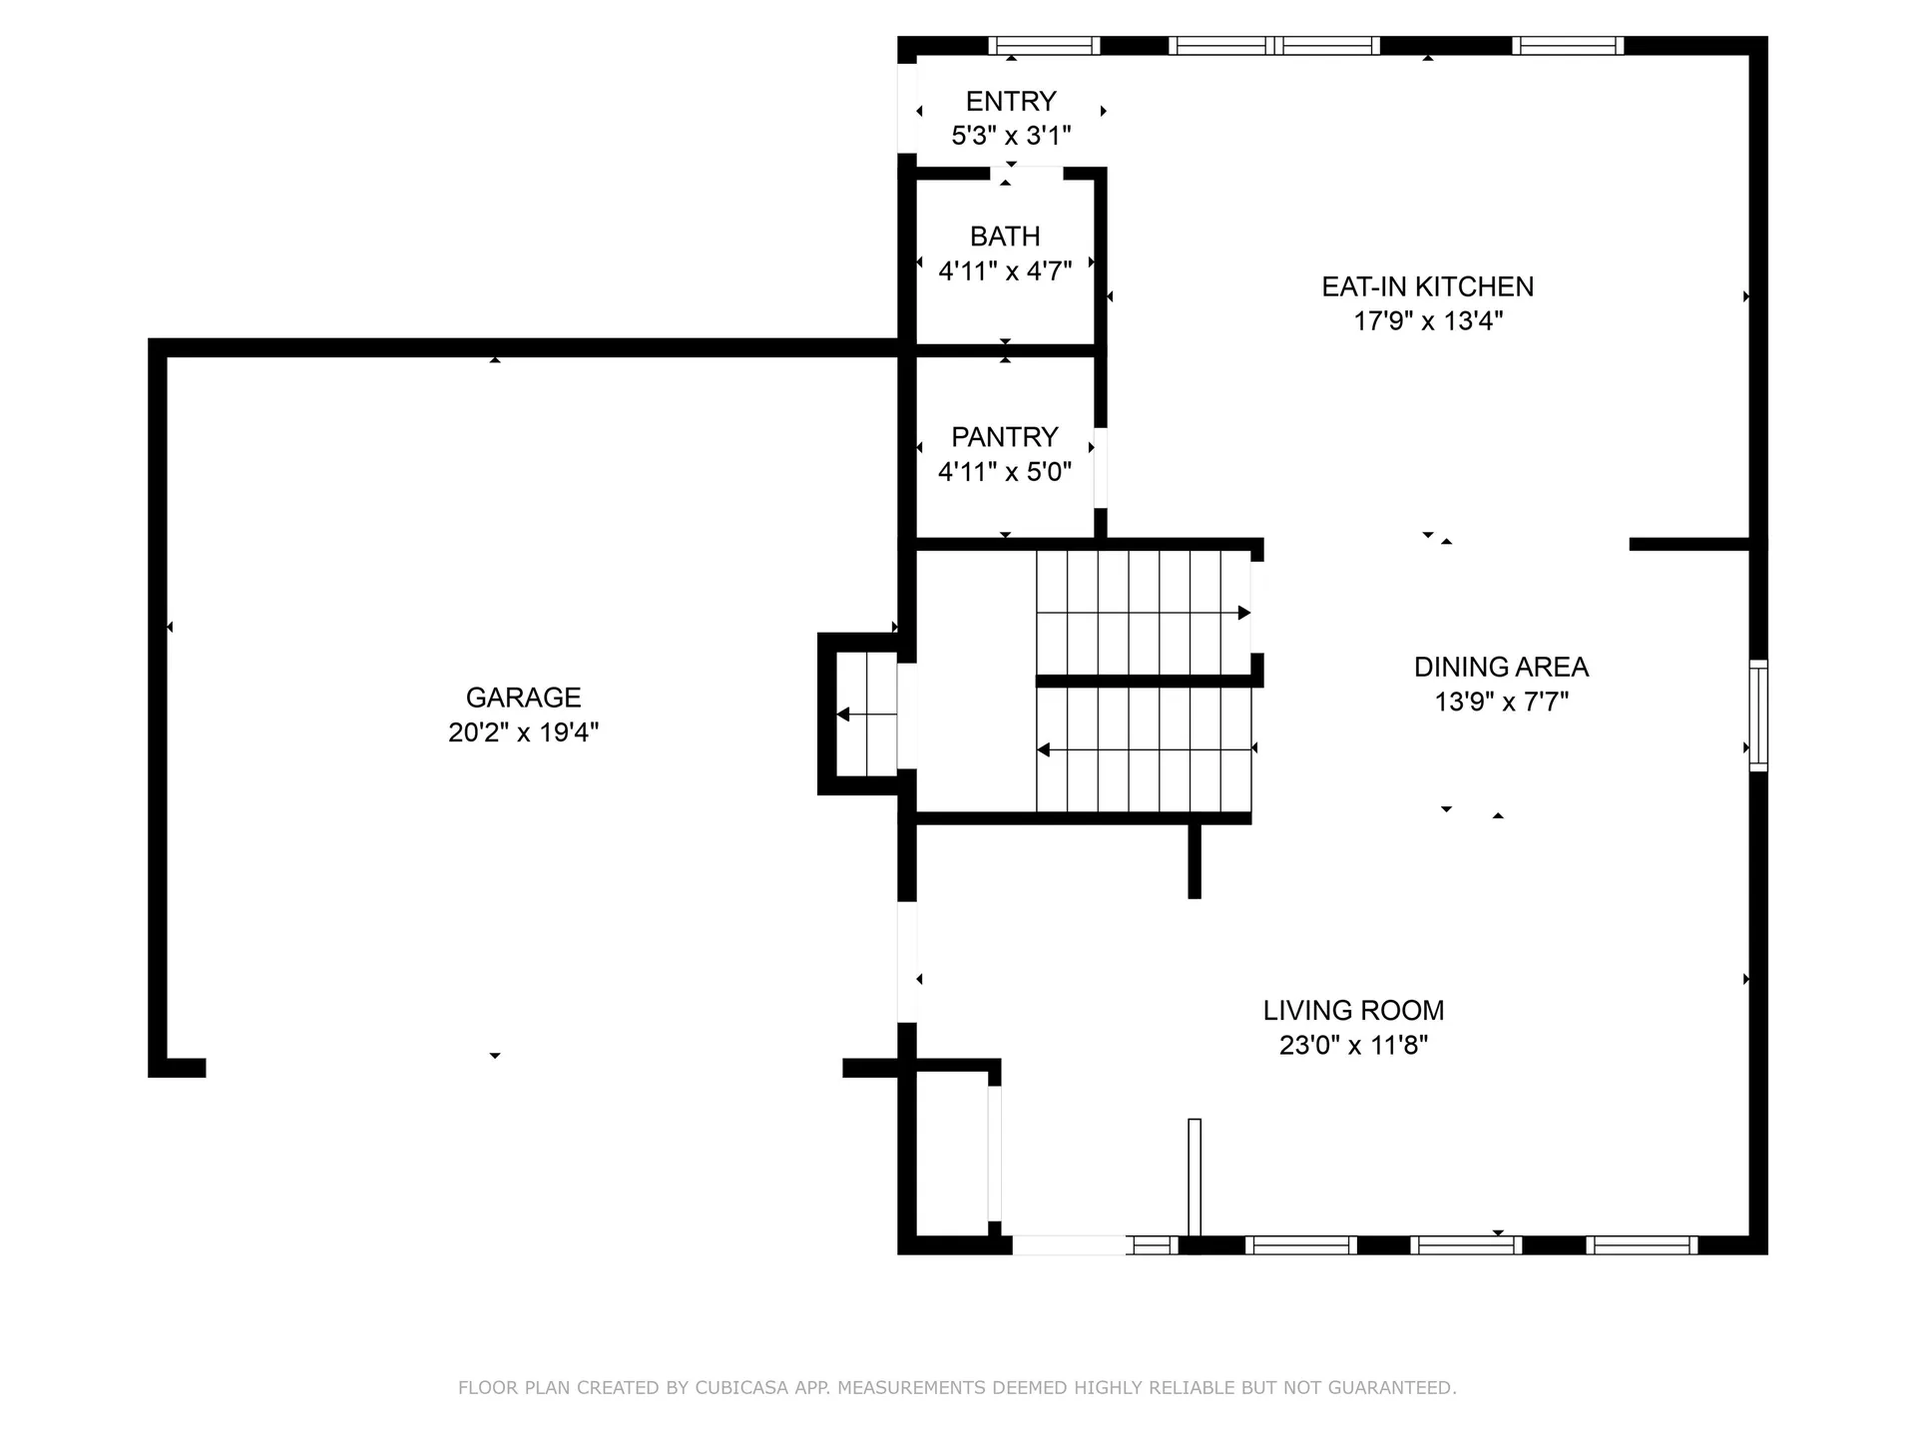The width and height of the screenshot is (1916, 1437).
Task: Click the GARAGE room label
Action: (x=523, y=698)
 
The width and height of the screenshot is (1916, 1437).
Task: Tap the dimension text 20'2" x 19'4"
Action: (x=523, y=732)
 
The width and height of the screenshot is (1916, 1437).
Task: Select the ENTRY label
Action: (x=1011, y=102)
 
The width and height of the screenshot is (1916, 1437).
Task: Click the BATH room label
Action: (x=1005, y=237)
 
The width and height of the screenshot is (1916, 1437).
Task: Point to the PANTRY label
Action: (x=1004, y=437)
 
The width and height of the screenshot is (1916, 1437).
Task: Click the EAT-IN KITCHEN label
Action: (x=1427, y=287)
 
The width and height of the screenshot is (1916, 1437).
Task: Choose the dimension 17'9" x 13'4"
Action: (x=1427, y=321)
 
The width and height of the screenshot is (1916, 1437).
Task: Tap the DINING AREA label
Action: (x=1501, y=667)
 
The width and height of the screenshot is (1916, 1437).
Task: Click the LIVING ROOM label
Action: (x=1353, y=1011)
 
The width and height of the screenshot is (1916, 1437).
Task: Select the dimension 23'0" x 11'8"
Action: (x=1353, y=1046)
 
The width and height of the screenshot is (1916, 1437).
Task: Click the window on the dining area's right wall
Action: (x=1758, y=715)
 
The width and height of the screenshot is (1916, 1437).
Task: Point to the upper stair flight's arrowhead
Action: (x=1243, y=613)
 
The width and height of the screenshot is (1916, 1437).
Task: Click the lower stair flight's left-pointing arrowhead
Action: (x=1044, y=749)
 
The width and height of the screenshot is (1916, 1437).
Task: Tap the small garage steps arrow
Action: (x=843, y=715)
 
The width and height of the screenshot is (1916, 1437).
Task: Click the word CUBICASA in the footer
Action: (x=741, y=1388)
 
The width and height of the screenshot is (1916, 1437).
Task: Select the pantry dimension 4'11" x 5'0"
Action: (x=1004, y=472)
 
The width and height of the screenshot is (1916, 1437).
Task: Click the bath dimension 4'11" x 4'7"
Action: (x=1005, y=271)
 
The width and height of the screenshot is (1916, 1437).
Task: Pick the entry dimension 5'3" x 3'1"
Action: (x=1011, y=136)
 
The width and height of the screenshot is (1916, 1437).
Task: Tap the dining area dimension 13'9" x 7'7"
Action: (x=1501, y=703)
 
